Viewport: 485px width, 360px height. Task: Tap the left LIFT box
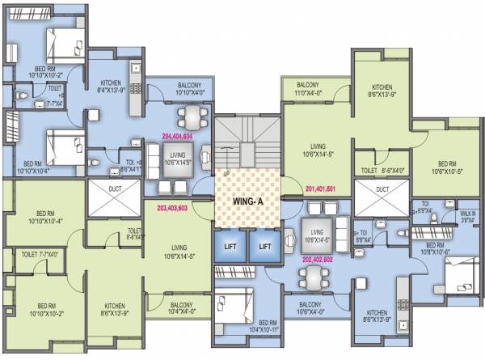pyautogui.click(x=229, y=244)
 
